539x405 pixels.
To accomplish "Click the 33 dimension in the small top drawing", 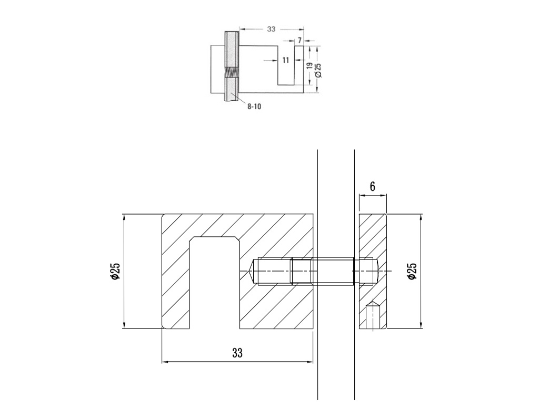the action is point(271,30).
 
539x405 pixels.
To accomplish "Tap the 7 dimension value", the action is point(300,40).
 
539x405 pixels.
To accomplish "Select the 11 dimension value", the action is point(286,60).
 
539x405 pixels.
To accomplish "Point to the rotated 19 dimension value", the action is point(309,66).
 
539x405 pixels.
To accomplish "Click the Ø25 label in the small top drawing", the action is point(318,70).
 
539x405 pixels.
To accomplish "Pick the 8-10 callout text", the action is point(254,107).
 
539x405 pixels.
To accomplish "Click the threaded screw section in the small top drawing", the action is point(232,72).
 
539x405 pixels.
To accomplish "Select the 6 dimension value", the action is point(372,187).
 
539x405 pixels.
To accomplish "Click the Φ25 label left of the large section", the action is point(115,271).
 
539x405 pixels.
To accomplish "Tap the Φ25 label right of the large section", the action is point(412,271).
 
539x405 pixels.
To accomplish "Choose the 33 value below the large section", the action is point(237,353).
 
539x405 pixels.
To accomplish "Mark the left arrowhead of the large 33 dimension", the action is point(165,362).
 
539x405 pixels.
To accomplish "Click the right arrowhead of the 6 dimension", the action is point(383,196).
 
